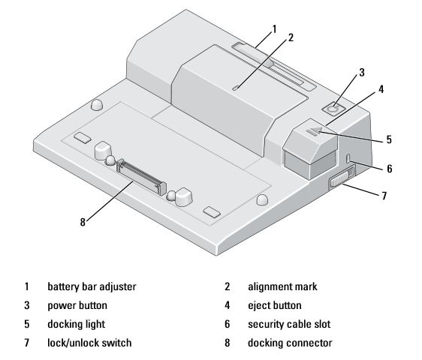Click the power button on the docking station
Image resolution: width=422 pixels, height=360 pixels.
coord(333,109)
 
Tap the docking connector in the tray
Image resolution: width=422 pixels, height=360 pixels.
coord(141,177)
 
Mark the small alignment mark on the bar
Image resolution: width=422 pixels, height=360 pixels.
coord(236,88)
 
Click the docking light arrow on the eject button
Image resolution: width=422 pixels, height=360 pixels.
coord(315,131)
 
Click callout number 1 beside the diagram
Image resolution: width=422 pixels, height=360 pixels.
coord(274,28)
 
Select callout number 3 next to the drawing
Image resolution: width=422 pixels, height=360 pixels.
coord(362,72)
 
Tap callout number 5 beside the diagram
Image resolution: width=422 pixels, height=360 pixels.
coord(389,139)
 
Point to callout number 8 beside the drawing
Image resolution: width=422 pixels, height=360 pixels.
coord(83,222)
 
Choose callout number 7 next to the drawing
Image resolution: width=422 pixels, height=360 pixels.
coord(384,196)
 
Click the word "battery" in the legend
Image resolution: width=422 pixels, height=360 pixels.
coord(62,286)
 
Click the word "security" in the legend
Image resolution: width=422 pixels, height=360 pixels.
coord(265,325)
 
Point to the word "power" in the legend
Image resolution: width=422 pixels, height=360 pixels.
coord(61,306)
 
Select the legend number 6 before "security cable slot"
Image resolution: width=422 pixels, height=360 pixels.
coord(228,324)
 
